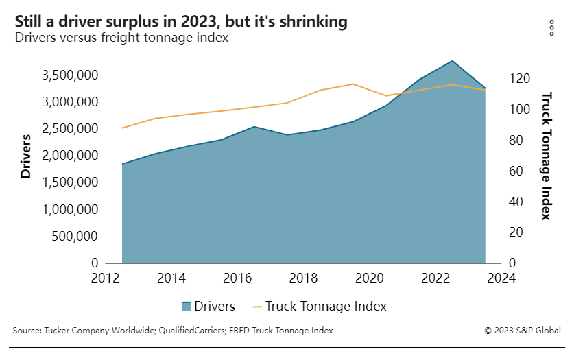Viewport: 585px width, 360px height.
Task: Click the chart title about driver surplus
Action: (x=180, y=22)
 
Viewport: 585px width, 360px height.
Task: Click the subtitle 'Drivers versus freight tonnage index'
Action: (x=121, y=38)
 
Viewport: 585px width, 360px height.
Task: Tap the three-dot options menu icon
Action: (x=551, y=27)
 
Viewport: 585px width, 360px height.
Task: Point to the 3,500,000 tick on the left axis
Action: (x=70, y=75)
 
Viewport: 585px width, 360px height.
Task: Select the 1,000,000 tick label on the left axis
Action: (x=70, y=209)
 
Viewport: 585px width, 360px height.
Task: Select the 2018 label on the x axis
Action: (x=303, y=278)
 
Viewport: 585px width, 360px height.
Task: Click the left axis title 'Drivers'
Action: (x=26, y=156)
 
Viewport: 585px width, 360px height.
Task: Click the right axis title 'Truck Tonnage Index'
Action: (x=547, y=156)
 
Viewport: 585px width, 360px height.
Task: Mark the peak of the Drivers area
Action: (x=453, y=61)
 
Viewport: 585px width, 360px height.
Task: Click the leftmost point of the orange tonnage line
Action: (x=122, y=128)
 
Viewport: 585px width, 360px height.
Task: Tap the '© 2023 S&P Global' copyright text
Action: (x=523, y=331)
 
